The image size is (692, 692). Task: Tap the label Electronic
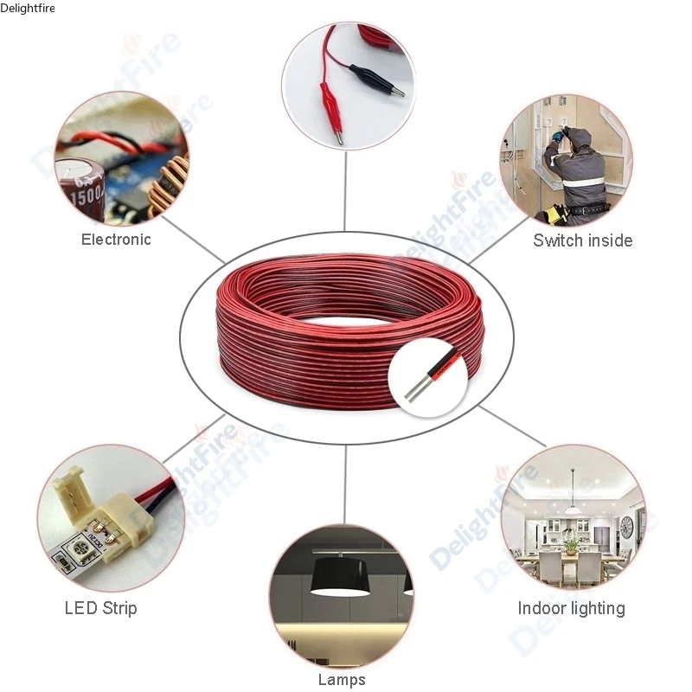click(116, 240)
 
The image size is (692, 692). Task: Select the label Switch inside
click(582, 240)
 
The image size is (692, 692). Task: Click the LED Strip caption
click(100, 608)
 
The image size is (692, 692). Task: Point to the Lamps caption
click(342, 680)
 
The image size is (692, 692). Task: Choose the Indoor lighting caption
click(571, 608)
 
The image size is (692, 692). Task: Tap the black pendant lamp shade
click(338, 575)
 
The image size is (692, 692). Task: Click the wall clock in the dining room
click(626, 524)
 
